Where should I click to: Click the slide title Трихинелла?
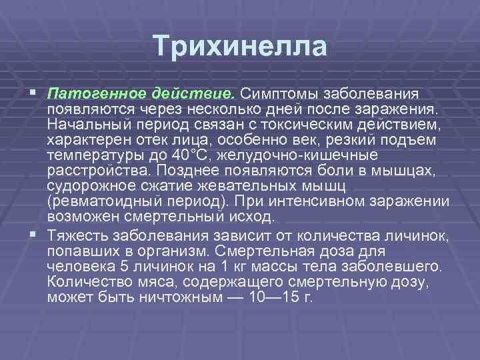click(x=240, y=47)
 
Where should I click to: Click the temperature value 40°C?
click(x=184, y=155)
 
